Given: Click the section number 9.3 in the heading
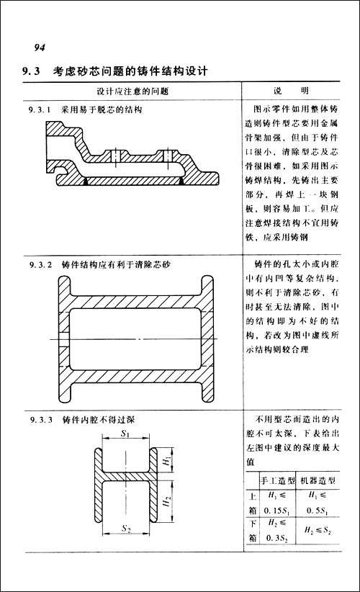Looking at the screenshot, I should point(33,72).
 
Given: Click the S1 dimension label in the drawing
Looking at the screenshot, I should point(125,434).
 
